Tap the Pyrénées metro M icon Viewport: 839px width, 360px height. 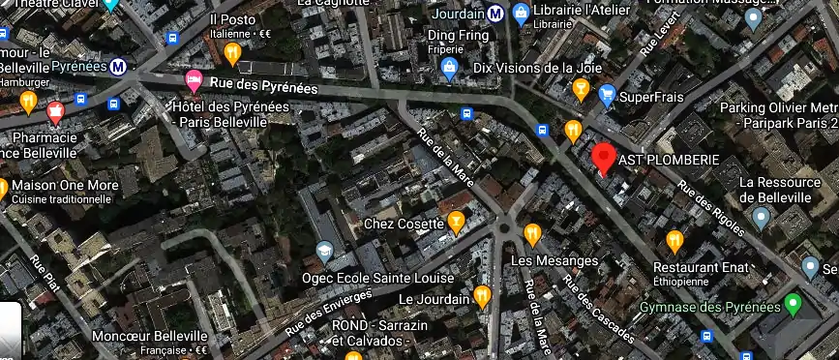[x=117, y=68]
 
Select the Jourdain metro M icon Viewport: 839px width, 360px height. [x=495, y=14]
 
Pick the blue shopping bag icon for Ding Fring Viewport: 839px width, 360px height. [x=448, y=68]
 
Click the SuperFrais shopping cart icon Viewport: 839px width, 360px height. [x=607, y=94]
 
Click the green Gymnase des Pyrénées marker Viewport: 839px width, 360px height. [x=794, y=305]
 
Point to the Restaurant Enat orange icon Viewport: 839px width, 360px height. [x=674, y=240]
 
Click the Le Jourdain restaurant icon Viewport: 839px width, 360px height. [x=482, y=296]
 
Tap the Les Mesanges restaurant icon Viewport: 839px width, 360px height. [x=532, y=233]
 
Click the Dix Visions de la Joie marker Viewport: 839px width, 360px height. [x=581, y=89]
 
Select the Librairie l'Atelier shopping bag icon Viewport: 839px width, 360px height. [x=521, y=14]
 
